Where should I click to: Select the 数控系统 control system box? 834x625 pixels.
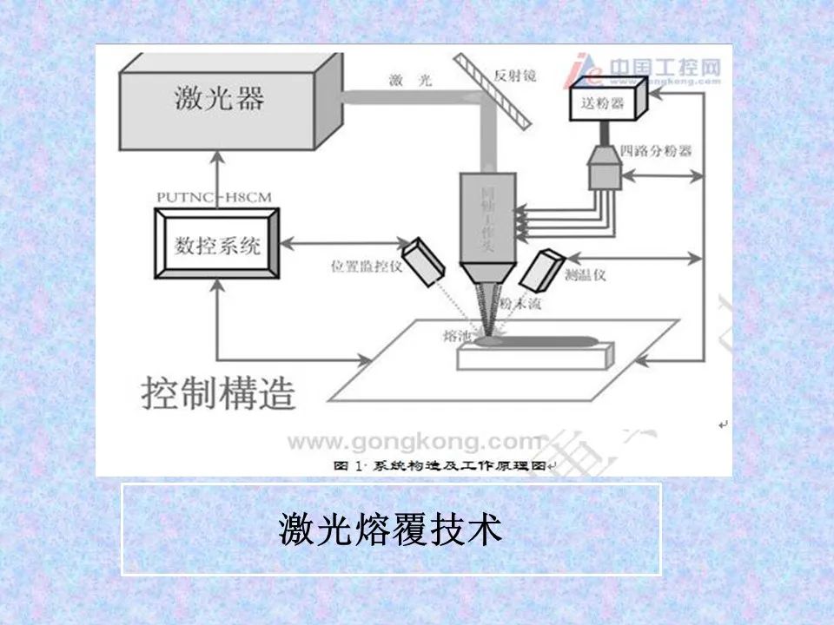[218, 246]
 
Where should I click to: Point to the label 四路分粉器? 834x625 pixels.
[657, 150]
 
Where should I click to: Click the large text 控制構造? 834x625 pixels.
[218, 393]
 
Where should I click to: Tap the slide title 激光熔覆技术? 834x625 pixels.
[390, 529]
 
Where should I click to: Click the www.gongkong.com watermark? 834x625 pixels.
[414, 442]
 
